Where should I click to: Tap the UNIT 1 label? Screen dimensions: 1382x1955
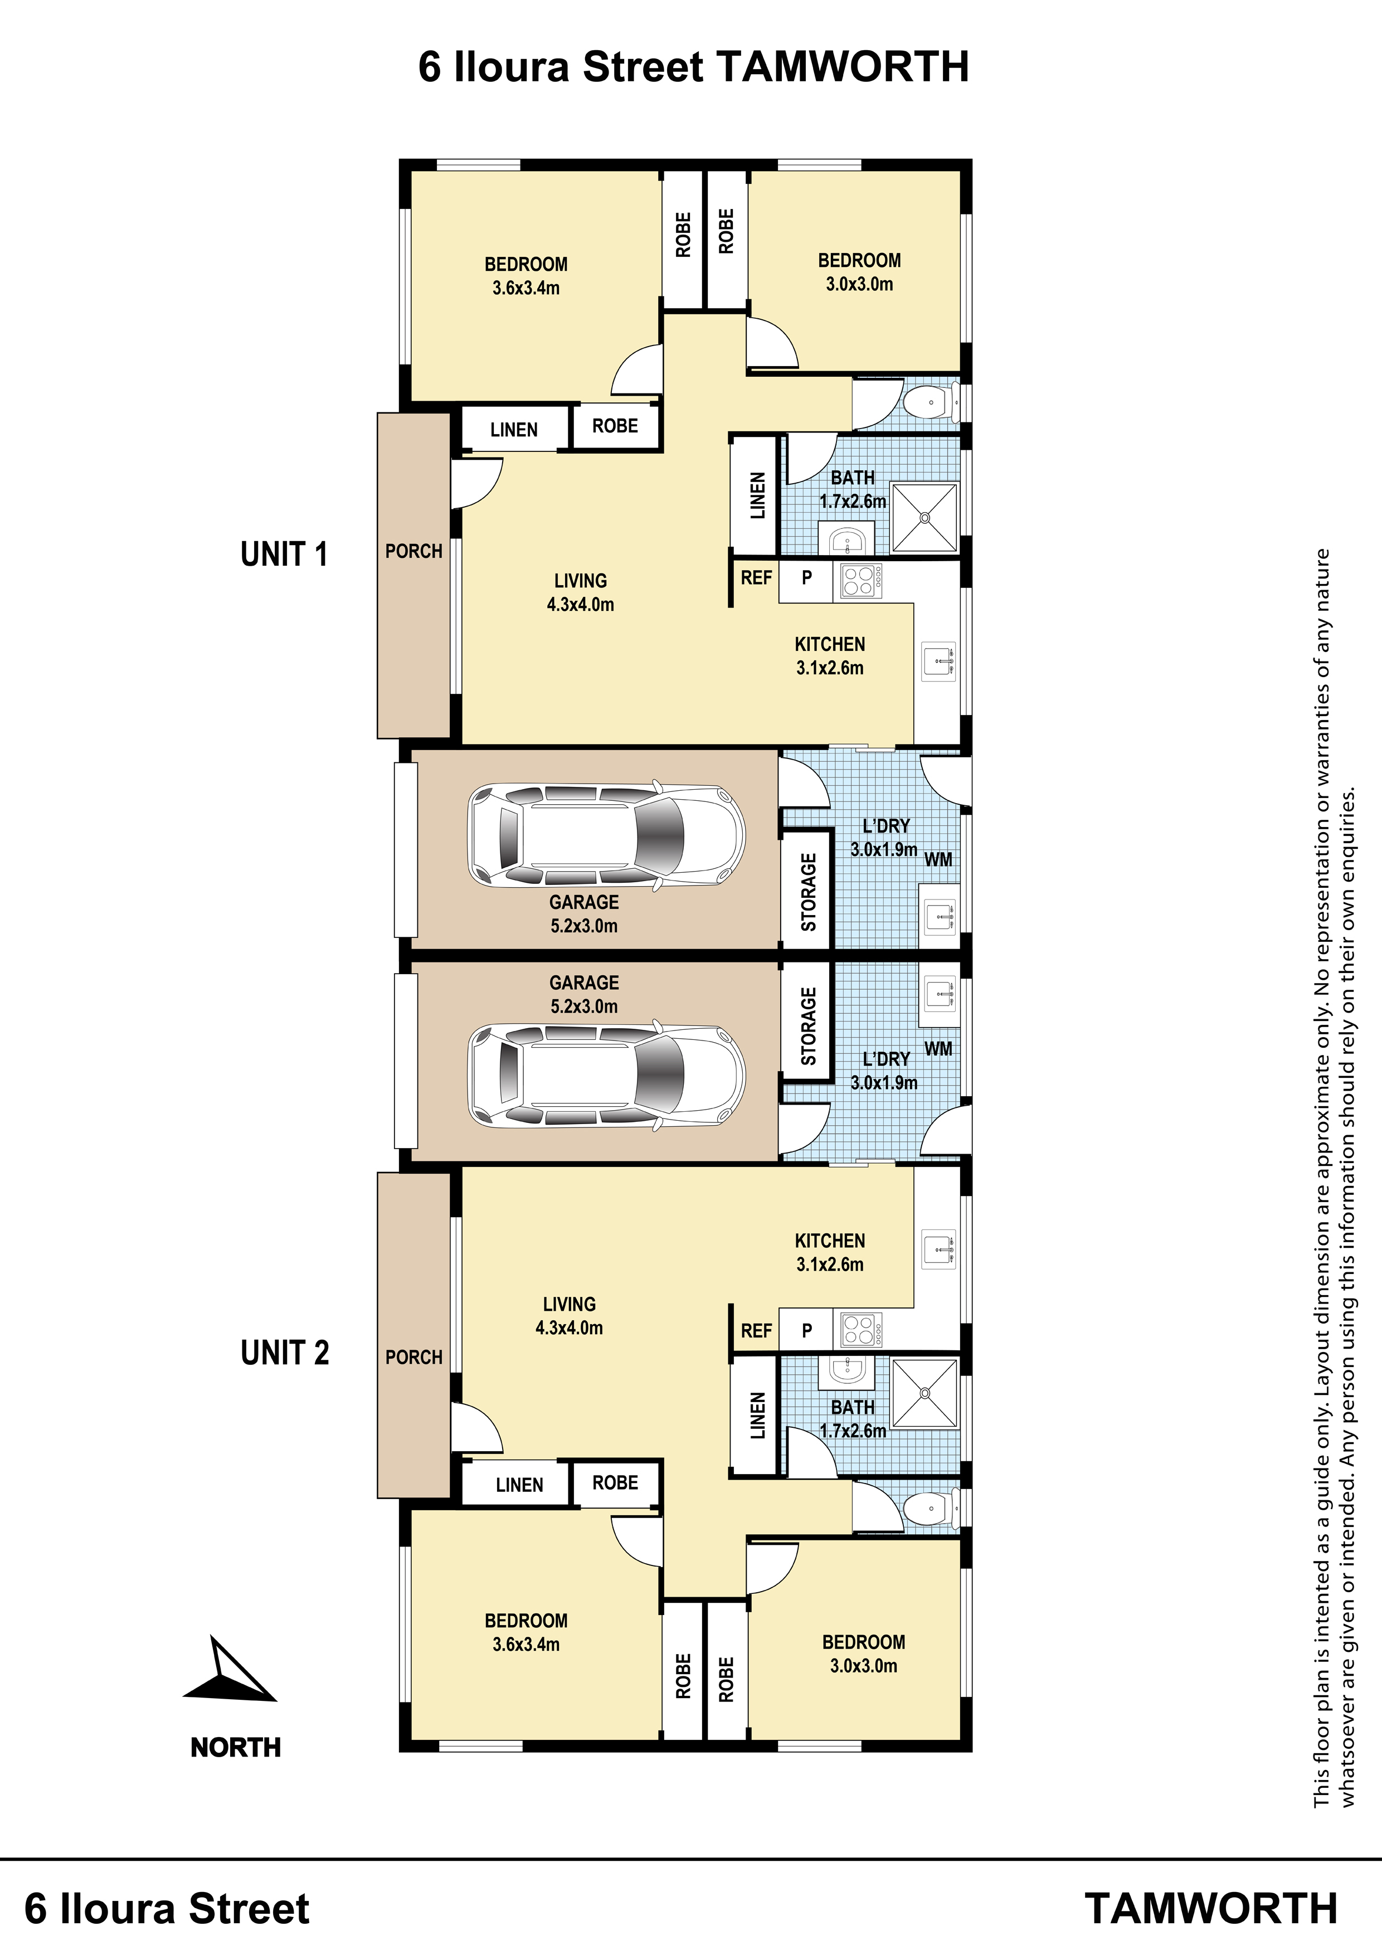click(284, 555)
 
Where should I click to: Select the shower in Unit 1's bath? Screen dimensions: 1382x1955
click(924, 517)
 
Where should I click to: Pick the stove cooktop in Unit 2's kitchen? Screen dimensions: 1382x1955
click(861, 1330)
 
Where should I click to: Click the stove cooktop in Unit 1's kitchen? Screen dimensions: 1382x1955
click(861, 581)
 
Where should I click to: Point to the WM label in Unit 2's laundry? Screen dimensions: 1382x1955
click(938, 1048)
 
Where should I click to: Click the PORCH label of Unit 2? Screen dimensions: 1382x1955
click(414, 1357)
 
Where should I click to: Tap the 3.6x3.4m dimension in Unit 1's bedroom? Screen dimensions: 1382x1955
click(526, 288)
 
